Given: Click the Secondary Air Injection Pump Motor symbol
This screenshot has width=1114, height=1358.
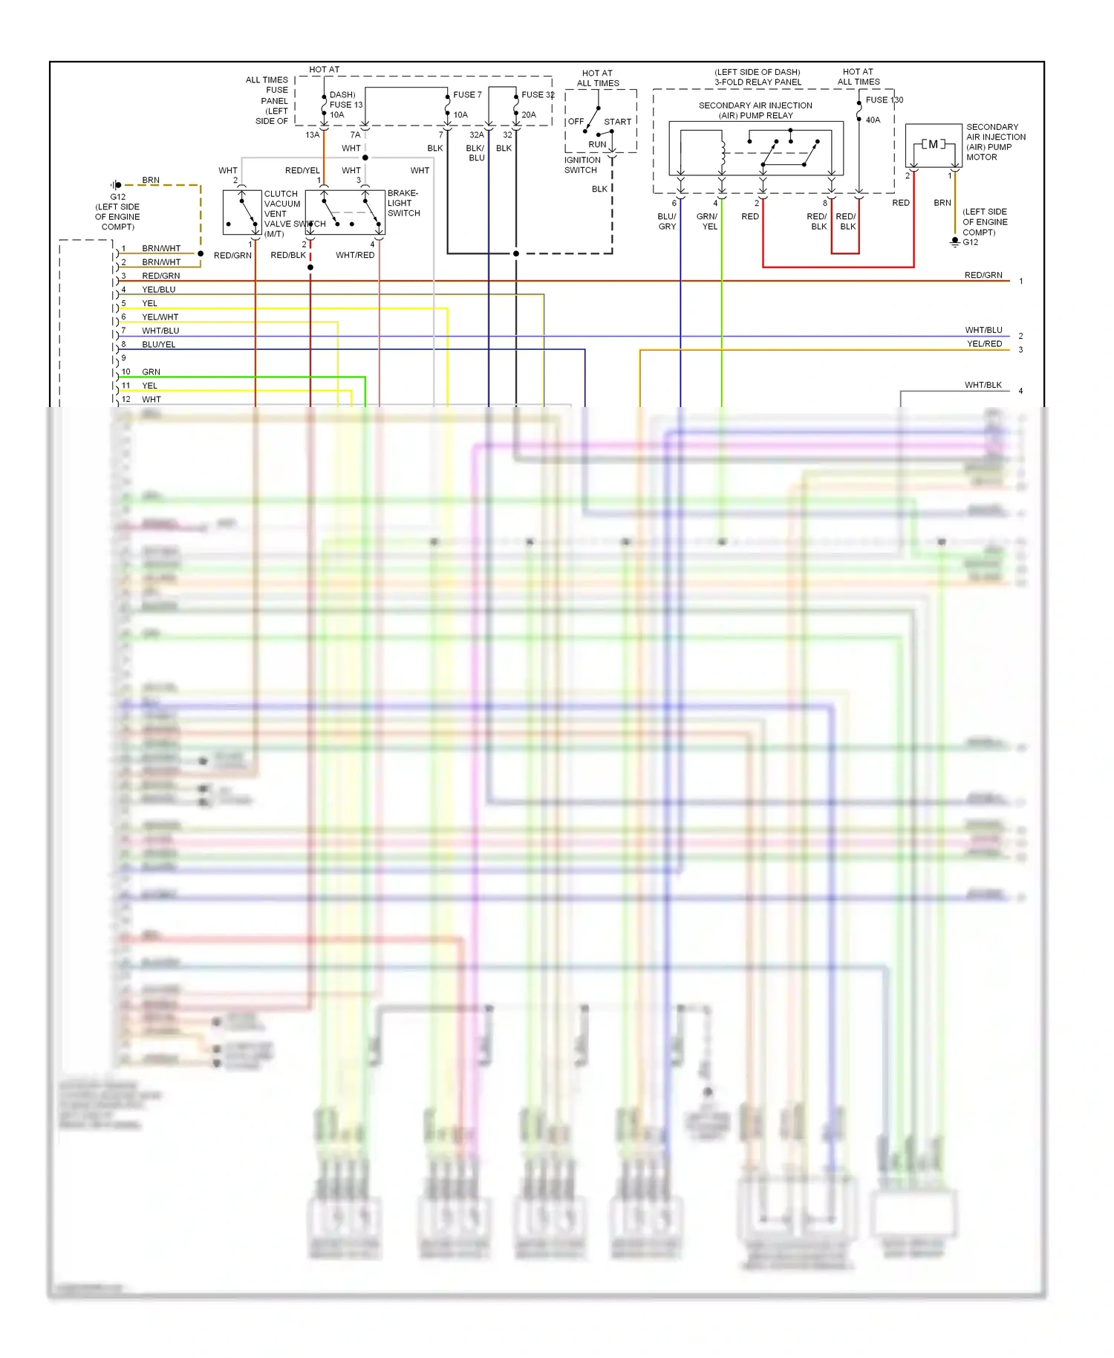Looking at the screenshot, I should tap(933, 145).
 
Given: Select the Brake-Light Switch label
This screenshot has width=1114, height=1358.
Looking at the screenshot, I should tap(403, 203).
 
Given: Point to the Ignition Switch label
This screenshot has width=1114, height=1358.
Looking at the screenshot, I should tap(582, 165).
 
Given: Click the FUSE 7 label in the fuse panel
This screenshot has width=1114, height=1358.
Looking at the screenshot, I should tap(467, 95).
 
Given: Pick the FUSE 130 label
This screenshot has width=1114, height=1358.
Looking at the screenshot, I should tap(884, 100).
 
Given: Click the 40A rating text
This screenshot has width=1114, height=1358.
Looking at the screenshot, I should tap(873, 120).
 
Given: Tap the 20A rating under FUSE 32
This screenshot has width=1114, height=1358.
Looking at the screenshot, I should tap(529, 115).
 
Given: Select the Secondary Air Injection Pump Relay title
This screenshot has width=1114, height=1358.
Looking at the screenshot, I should tap(755, 111).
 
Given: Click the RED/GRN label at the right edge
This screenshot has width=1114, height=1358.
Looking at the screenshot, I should tap(983, 276).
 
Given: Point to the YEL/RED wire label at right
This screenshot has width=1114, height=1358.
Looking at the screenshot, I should tap(984, 344).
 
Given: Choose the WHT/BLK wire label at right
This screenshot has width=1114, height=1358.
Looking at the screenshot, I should tap(983, 386).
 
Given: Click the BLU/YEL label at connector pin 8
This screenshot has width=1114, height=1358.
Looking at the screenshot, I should tap(159, 345).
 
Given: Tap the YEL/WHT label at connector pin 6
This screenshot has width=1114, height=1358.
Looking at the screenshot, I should tap(160, 317).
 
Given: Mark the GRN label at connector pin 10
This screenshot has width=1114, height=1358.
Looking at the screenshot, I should tap(152, 372).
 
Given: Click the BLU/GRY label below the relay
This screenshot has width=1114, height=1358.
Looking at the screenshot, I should tap(667, 221).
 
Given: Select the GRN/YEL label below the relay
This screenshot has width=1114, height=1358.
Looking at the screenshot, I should tap(708, 221).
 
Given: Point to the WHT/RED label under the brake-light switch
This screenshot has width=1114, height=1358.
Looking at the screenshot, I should tap(355, 256).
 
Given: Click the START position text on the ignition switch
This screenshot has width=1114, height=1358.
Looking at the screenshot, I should tap(617, 122).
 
